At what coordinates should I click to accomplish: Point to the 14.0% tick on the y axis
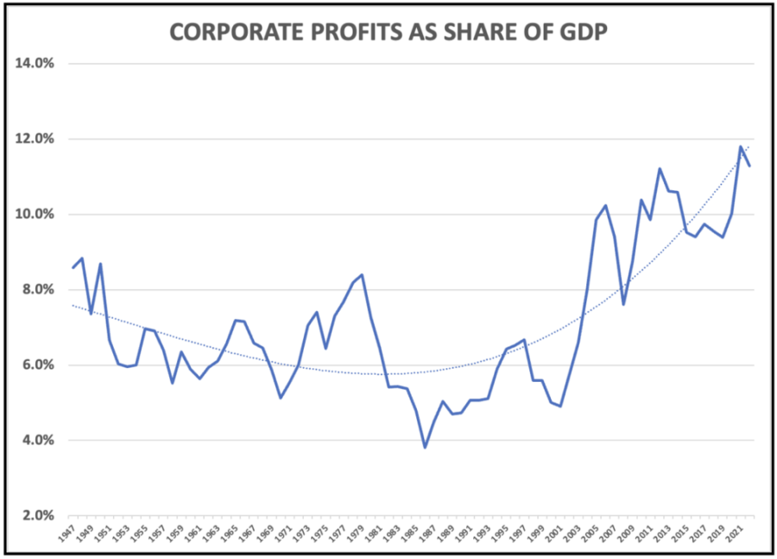point(33,63)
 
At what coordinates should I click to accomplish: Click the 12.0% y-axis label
point(33,138)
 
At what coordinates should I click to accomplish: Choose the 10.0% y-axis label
point(33,214)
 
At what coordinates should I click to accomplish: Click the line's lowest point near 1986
point(425,448)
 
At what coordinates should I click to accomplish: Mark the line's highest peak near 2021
point(740,147)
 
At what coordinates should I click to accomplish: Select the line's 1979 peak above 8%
point(362,275)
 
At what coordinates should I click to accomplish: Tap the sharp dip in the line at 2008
point(622,304)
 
